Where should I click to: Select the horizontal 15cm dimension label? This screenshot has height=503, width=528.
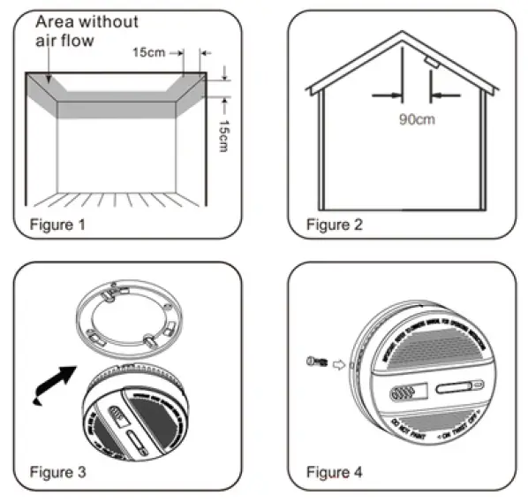(x=150, y=53)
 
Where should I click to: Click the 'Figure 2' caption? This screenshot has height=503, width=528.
(x=334, y=225)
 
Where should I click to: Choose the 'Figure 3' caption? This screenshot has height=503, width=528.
(x=57, y=472)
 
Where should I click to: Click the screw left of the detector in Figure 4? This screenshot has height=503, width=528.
(x=315, y=361)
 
